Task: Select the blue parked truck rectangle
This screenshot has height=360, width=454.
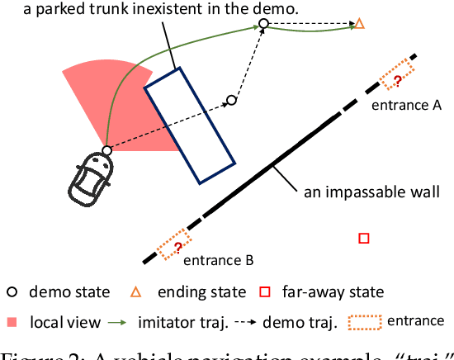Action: tap(189, 126)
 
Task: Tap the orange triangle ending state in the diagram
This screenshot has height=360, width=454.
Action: tap(359, 24)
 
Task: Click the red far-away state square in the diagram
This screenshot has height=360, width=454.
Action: tap(363, 239)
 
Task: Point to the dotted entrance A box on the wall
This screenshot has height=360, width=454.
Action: tap(397, 75)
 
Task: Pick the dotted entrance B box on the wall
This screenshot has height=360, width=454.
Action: tap(174, 244)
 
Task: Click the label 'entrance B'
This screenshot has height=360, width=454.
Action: tap(218, 262)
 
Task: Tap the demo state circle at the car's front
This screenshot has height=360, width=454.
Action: tap(106, 150)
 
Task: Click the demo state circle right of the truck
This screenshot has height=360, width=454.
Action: tap(231, 101)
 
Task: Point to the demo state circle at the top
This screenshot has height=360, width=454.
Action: tap(263, 25)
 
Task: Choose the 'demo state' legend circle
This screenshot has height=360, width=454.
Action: tap(13, 291)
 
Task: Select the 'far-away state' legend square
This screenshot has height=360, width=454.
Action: tap(264, 291)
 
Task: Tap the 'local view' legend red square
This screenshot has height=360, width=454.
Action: tap(13, 321)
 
